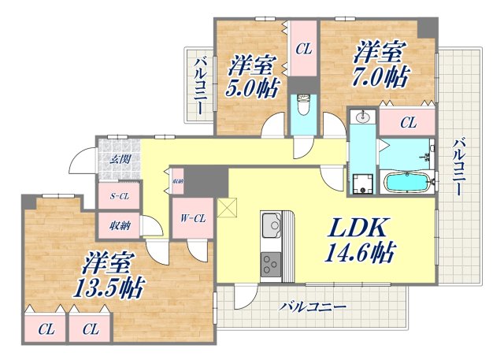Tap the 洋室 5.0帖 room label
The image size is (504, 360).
pyautogui.click(x=254, y=74)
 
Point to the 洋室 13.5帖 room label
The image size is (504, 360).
pyautogui.click(x=110, y=273)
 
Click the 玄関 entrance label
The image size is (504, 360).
pyautogui.click(x=119, y=159)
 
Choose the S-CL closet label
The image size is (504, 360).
pyautogui.click(x=120, y=196)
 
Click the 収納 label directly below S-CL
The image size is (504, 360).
pyautogui.click(x=120, y=225)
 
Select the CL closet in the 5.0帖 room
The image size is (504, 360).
pyautogui.click(x=303, y=50)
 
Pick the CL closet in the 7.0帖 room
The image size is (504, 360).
pyautogui.click(x=407, y=122)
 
